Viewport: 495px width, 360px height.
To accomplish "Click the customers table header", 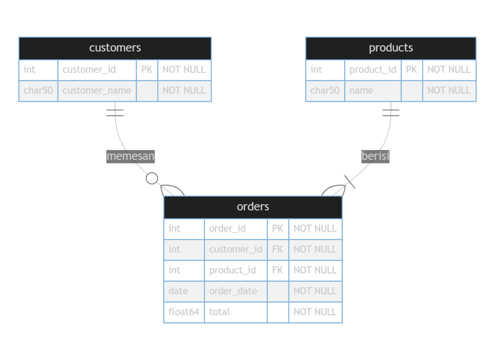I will (x=115, y=48).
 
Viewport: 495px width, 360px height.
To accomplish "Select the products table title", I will (x=391, y=48).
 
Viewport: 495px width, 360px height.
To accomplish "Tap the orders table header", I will (x=253, y=207).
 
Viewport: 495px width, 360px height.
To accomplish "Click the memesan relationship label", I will (x=130, y=156).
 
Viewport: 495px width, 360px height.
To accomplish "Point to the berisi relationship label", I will (x=375, y=156).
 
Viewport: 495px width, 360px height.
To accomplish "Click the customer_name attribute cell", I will (x=97, y=91).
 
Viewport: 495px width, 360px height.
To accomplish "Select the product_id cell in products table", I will (x=373, y=70).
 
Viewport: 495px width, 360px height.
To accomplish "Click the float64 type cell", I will (x=184, y=312).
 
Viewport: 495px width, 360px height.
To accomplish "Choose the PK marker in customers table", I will (x=147, y=70).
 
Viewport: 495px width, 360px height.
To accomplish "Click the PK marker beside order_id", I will (x=278, y=229).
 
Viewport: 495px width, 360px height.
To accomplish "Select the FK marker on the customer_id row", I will (x=278, y=249).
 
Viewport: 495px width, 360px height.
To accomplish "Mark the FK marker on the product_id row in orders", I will (x=278, y=270).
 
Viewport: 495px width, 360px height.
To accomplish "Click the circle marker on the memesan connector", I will (x=152, y=178).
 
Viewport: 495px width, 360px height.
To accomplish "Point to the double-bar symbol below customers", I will (x=115, y=112).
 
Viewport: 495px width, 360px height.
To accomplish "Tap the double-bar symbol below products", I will (x=391, y=112).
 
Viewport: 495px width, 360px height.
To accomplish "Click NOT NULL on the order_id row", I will (x=315, y=229).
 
